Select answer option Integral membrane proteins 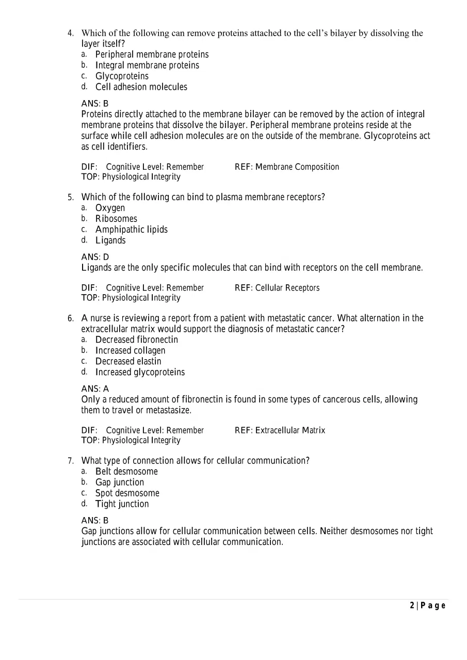click(x=147, y=66)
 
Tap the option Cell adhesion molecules click(x=141, y=87)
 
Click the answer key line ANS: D click(x=95, y=257)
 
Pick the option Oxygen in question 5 click(x=110, y=208)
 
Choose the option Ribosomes click(x=116, y=219)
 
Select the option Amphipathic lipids click(x=131, y=230)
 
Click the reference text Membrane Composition click(x=297, y=167)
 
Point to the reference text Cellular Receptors click(x=287, y=288)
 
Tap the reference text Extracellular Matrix click(x=290, y=430)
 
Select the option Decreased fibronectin click(x=136, y=340)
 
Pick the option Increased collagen click(x=130, y=351)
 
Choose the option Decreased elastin click(x=128, y=362)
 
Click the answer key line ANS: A click(x=95, y=389)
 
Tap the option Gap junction click(x=120, y=482)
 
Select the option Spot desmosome click(x=127, y=493)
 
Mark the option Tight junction click(x=122, y=504)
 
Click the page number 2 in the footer click(x=412, y=606)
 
